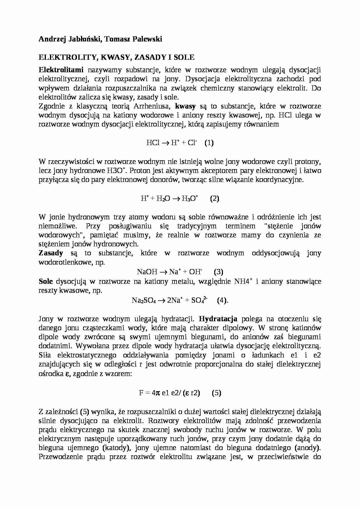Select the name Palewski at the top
(x=147, y=39)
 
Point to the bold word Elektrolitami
(x=61, y=70)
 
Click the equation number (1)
(x=209, y=143)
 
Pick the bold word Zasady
(x=51, y=253)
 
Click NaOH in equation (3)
(x=147, y=272)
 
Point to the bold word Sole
(x=46, y=281)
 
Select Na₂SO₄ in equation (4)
(x=144, y=301)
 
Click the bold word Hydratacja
(x=218, y=319)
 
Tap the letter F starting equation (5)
(x=141, y=393)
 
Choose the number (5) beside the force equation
(x=217, y=393)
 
